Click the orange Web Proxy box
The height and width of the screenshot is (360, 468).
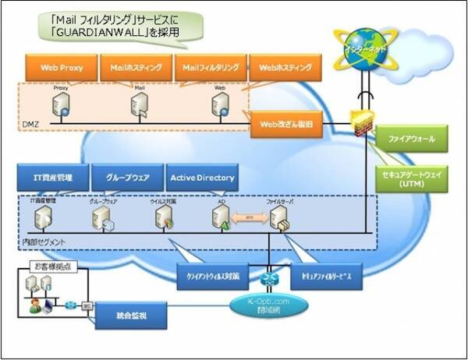coord(61,68)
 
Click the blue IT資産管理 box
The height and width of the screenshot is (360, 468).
coord(52,178)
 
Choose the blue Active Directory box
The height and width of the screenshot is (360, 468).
coord(201,178)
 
